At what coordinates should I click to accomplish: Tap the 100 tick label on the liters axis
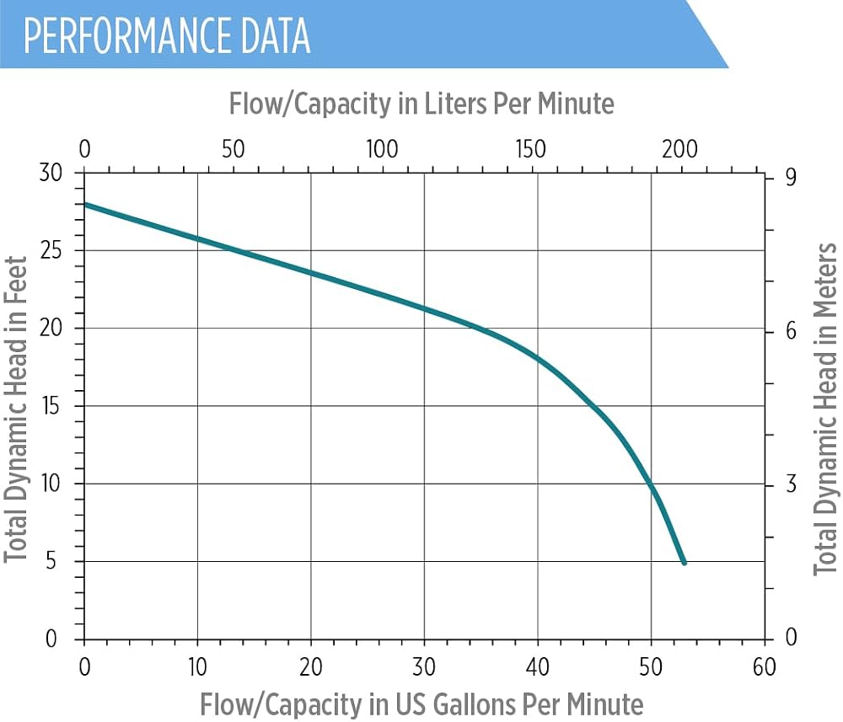(x=382, y=149)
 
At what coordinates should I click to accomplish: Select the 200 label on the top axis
(x=679, y=149)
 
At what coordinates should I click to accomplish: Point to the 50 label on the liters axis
(x=234, y=149)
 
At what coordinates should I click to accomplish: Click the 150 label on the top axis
(x=530, y=149)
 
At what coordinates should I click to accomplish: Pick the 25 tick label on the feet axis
(x=51, y=250)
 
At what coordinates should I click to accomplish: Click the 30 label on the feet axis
(x=51, y=173)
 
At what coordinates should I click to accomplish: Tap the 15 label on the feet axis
(x=51, y=406)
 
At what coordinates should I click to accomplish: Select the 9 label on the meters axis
(x=791, y=177)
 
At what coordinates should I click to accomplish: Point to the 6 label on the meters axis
(x=791, y=331)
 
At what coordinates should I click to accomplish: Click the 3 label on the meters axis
(x=791, y=484)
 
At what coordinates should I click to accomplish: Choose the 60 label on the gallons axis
(x=765, y=666)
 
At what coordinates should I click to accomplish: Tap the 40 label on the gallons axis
(x=538, y=666)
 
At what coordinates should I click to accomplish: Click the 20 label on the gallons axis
(x=311, y=666)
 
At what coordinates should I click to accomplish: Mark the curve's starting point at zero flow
(x=85, y=204)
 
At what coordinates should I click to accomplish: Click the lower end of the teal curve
(x=685, y=563)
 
